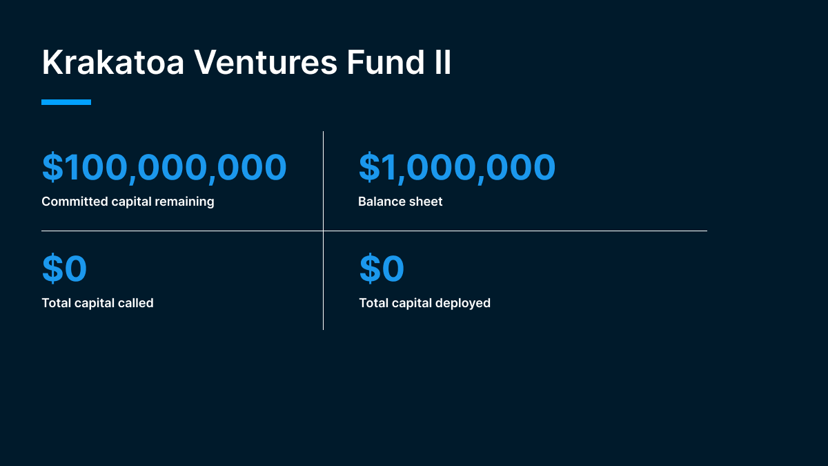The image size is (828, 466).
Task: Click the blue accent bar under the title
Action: coord(66,102)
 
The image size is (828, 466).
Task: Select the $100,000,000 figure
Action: coord(164,167)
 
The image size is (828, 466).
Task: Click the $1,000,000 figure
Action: coord(457,167)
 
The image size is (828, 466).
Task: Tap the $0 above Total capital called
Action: coord(64,269)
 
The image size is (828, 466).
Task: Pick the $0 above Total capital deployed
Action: coord(382,269)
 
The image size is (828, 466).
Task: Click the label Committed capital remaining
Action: coord(128,202)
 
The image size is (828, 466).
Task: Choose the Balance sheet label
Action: coord(400,202)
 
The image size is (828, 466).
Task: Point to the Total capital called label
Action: coord(97,302)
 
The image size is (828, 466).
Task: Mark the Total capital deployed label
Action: coord(424,302)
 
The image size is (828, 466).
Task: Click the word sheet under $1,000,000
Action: coord(426,202)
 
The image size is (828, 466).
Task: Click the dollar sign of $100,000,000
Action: coord(52,167)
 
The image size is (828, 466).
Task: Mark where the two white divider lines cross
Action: coord(323,231)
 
